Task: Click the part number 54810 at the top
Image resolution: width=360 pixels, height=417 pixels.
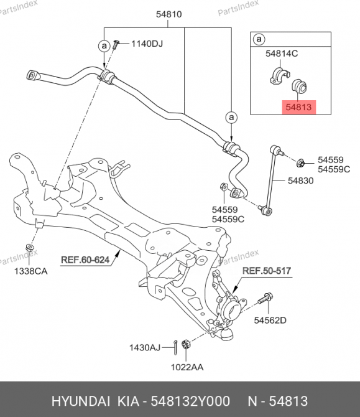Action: (168, 14)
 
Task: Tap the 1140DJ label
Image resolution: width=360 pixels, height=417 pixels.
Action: (147, 44)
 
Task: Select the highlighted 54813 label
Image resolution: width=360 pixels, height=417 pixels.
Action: (298, 107)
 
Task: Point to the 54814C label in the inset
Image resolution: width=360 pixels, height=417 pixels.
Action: (282, 54)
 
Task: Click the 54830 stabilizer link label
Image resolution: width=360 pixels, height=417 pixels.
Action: (301, 181)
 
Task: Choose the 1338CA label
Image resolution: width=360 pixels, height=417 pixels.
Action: (31, 271)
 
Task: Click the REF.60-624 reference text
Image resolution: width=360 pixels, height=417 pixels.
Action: (85, 260)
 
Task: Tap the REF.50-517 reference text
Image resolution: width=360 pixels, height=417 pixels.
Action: (267, 271)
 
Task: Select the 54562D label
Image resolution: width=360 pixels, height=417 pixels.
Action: (270, 320)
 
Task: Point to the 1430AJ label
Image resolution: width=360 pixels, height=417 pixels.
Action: (145, 347)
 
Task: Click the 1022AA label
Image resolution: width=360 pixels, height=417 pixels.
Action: (187, 367)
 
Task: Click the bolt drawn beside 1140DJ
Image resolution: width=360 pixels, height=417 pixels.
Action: (116, 44)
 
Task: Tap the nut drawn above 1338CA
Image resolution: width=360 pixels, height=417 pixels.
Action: (29, 248)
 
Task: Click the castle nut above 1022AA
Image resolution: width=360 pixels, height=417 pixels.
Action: (186, 344)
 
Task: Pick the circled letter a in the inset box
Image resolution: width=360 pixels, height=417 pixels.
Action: (259, 39)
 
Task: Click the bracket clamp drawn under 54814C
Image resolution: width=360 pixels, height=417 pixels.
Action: (280, 76)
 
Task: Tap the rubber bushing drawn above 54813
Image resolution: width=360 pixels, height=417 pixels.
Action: (300, 86)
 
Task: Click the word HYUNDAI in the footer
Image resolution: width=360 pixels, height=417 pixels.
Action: (81, 401)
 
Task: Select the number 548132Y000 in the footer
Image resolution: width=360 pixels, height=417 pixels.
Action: (190, 401)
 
